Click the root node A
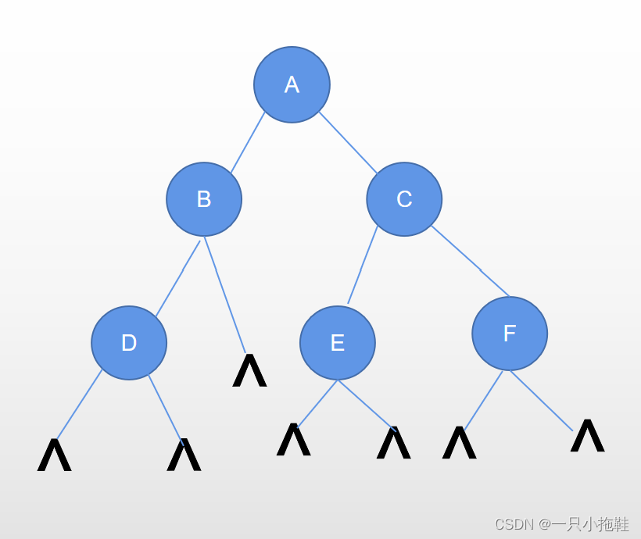click(x=292, y=84)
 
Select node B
click(x=204, y=199)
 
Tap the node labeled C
click(x=404, y=199)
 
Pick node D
click(x=129, y=343)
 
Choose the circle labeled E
click(x=338, y=343)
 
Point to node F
click(x=510, y=334)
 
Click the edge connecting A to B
click(x=247, y=143)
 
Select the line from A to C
click(x=348, y=142)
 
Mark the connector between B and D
click(x=178, y=277)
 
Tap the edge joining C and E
click(x=363, y=264)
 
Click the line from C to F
click(x=471, y=262)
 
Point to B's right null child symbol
click(x=249, y=371)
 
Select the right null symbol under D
click(x=184, y=455)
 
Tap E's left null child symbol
click(x=293, y=440)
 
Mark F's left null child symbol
click(x=459, y=443)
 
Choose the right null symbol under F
click(x=587, y=436)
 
